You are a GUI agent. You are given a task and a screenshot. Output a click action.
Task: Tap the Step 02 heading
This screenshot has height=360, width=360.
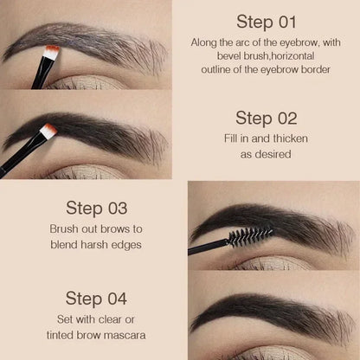pyautogui.click(x=266, y=118)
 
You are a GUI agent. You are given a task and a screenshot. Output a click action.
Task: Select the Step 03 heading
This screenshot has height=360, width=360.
pyautogui.click(x=96, y=208)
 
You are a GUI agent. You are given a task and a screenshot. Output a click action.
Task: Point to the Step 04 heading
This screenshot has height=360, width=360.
pyautogui.click(x=96, y=299)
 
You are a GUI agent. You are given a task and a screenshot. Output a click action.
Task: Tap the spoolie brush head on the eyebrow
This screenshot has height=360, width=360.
pyautogui.click(x=249, y=235)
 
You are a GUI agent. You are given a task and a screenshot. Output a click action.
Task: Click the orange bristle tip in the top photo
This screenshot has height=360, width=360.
pyautogui.click(x=52, y=54)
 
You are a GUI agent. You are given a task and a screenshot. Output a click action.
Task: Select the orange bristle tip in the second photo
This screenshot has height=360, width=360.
pyautogui.click(x=48, y=131)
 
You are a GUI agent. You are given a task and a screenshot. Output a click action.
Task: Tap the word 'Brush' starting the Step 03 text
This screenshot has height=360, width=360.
pyautogui.click(x=44, y=229)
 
